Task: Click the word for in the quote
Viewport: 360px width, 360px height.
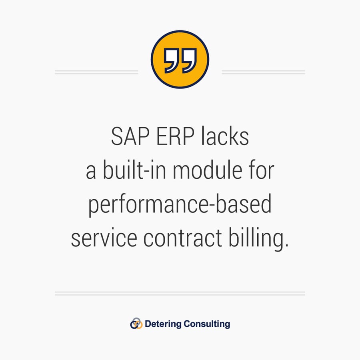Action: [x=260, y=171]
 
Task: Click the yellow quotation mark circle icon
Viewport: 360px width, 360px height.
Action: [x=180, y=59]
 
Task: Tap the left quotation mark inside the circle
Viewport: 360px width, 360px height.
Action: [x=171, y=61]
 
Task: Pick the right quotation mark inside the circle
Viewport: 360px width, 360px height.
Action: [x=189, y=61]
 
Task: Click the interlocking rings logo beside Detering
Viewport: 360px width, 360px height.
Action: [x=136, y=324]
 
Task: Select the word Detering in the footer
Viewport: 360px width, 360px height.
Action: [x=163, y=324]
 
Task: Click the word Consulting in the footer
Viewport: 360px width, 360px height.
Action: [x=207, y=324]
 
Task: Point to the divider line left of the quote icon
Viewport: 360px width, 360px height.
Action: [x=96, y=72]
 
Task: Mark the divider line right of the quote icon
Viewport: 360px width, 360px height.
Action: [x=263, y=72]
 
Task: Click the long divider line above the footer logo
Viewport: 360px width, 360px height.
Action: [x=180, y=293]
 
